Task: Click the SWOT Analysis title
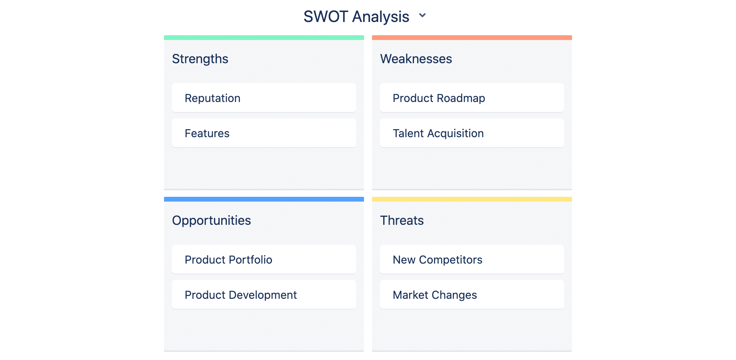click(x=356, y=17)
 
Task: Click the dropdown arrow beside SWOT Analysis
click(x=422, y=16)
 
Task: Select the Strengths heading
click(x=200, y=59)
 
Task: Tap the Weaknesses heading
click(x=416, y=59)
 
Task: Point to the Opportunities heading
click(x=212, y=220)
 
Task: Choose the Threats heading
click(x=402, y=220)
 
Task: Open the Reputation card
click(x=264, y=98)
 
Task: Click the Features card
click(x=264, y=133)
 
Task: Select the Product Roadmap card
click(x=472, y=98)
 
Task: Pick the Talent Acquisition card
click(x=472, y=133)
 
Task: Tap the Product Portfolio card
click(x=264, y=259)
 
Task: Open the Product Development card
click(x=264, y=294)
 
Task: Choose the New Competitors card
click(x=472, y=259)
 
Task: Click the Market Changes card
click(x=472, y=294)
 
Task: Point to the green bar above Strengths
click(x=264, y=38)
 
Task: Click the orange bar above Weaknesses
click(x=472, y=38)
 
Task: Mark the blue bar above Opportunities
click(x=264, y=199)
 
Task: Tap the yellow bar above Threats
click(x=472, y=199)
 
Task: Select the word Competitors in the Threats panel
click(x=451, y=260)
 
